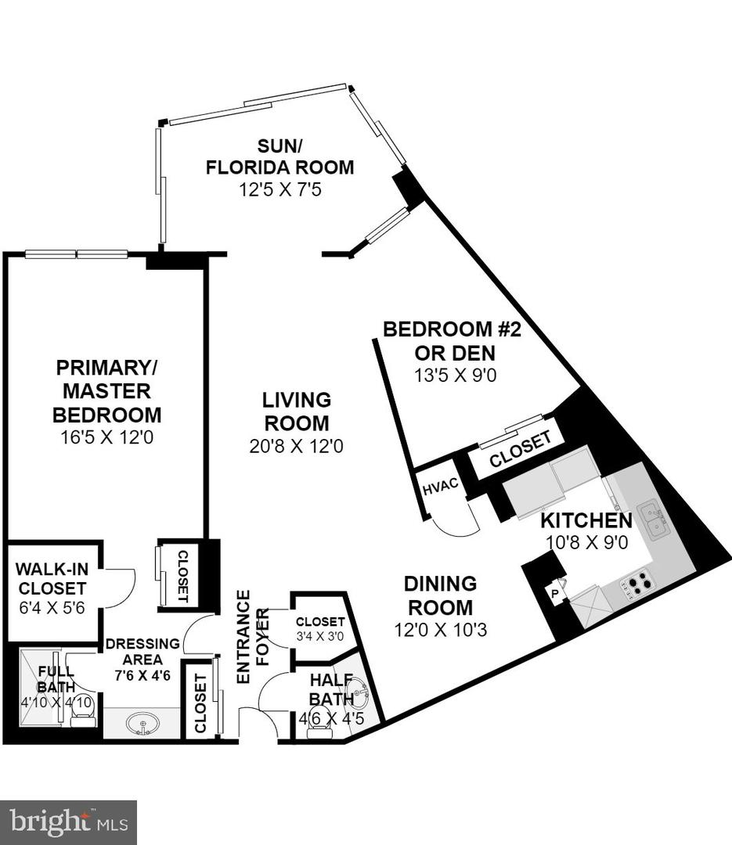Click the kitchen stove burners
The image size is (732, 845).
click(640, 583)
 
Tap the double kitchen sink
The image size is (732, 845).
click(652, 519)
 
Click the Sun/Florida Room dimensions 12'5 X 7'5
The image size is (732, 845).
click(279, 190)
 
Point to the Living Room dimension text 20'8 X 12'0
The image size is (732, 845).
click(296, 447)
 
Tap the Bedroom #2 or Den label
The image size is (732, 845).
click(452, 340)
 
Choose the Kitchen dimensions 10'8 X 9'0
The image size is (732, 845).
click(586, 542)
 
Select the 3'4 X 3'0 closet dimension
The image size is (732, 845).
click(320, 636)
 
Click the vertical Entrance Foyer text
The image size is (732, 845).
click(243, 637)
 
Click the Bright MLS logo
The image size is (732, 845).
click(68, 822)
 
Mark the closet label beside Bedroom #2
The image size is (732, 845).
click(521, 451)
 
